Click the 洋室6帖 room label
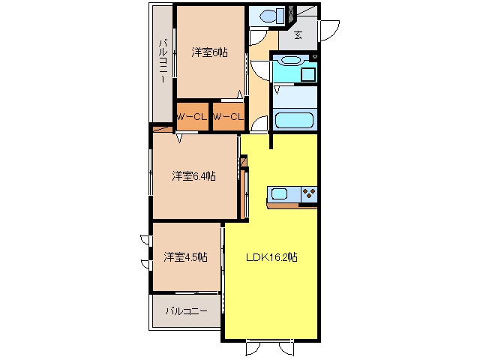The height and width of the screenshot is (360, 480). (210, 52)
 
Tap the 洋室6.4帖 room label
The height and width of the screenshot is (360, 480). (193, 176)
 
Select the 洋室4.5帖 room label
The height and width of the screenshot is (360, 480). (186, 256)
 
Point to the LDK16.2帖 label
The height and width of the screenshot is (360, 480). (271, 257)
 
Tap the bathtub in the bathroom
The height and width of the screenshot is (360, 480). (294, 120)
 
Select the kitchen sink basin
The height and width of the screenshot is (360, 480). (279, 194)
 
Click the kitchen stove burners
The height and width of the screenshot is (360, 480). (309, 193)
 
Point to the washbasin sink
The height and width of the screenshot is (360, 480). (291, 60)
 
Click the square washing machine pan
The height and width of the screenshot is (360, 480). (308, 75)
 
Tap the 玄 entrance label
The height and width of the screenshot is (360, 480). (298, 35)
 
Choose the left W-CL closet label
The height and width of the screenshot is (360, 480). (192, 117)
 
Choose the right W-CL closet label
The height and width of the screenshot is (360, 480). (228, 117)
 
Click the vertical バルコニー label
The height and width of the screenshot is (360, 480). (163, 61)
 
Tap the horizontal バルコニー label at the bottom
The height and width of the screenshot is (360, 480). (187, 311)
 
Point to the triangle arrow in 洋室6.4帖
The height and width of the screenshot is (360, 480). (179, 139)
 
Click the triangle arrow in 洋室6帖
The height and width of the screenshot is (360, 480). (240, 94)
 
